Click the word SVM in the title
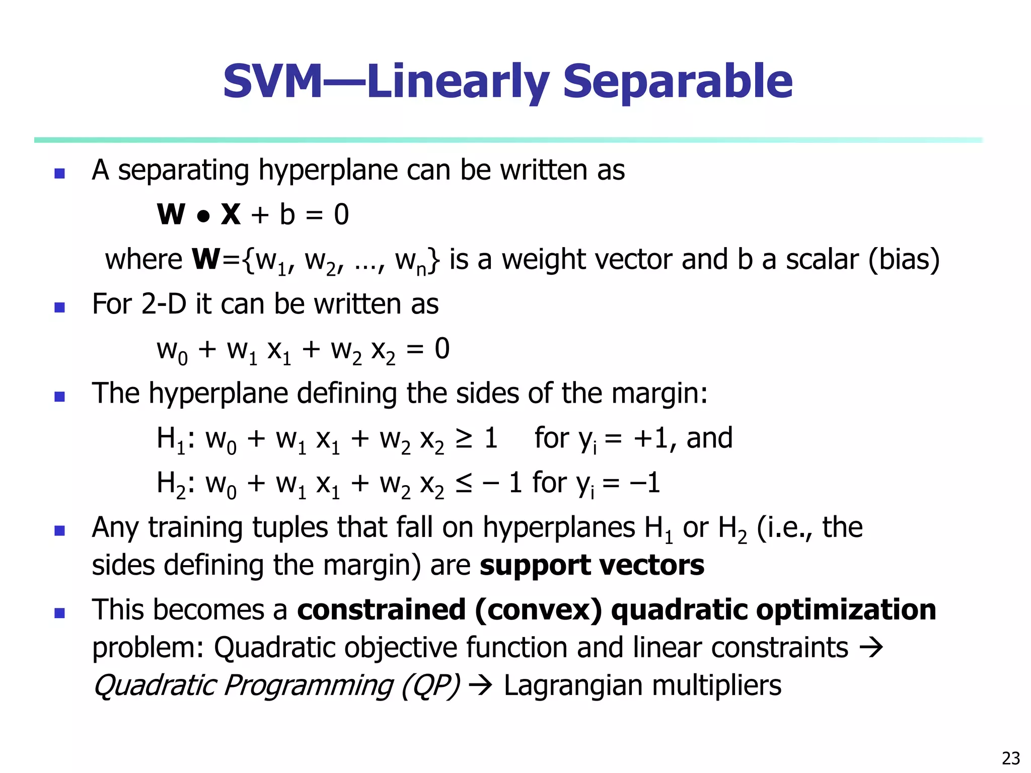tap(272, 82)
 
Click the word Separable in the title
tap(677, 82)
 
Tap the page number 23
tap(1011, 758)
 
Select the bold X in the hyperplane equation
tap(231, 214)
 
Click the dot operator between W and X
tap(203, 216)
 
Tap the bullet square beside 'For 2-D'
tap(60, 307)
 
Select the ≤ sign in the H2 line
tap(464, 484)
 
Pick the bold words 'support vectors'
tap(592, 565)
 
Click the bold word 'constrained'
tap(381, 610)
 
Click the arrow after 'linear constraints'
tap(871, 648)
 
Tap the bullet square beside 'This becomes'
tap(60, 613)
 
